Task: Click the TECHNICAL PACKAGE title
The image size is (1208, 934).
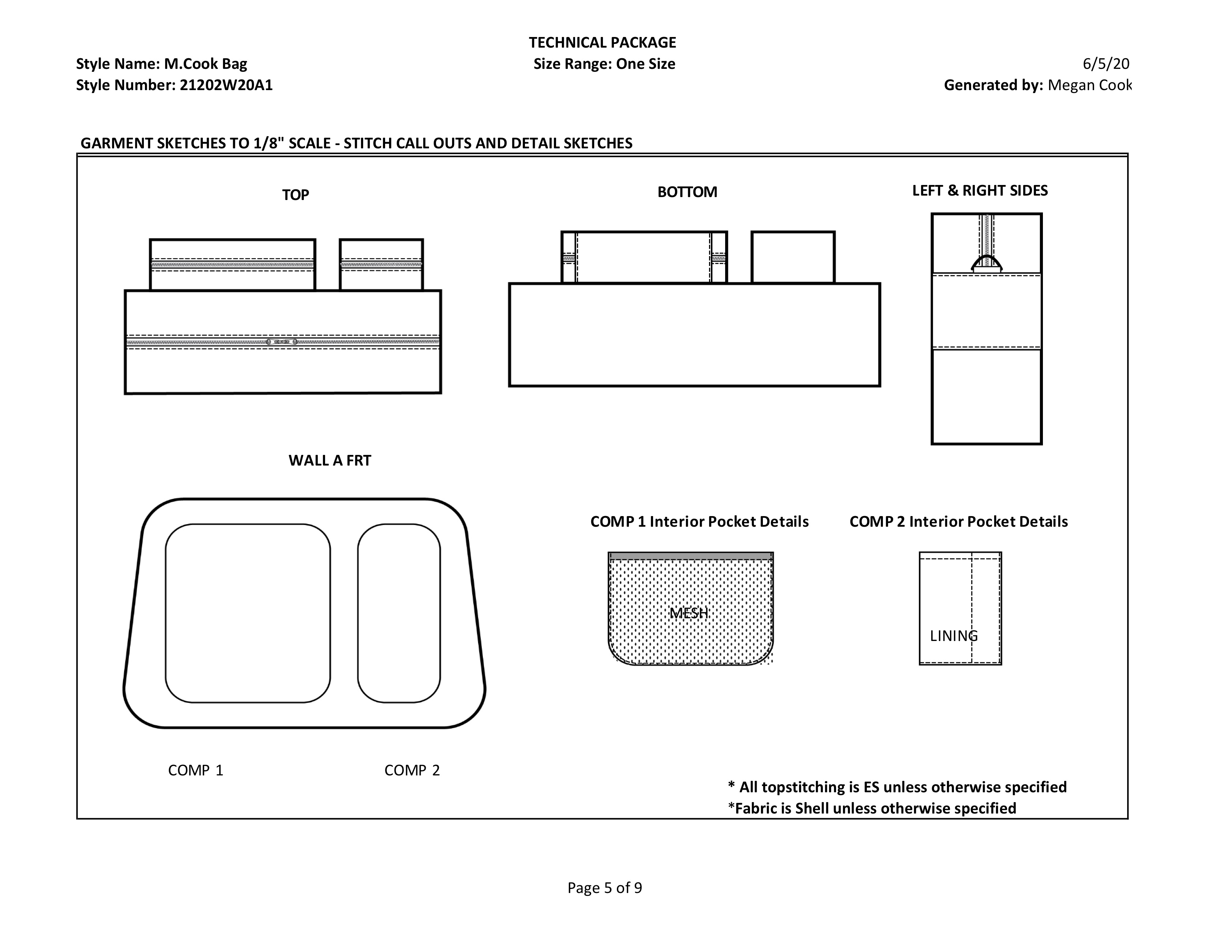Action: coord(602,42)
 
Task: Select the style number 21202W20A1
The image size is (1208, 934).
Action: coord(225,85)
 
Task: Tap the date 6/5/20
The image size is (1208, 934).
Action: coord(1106,64)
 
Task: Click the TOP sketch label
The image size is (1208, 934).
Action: coord(295,195)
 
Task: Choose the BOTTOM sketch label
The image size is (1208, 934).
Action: coord(687,192)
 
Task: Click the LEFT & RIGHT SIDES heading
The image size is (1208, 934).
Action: coord(980,190)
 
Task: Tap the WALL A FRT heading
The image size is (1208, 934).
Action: coord(330,460)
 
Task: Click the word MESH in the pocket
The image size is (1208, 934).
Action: coord(689,612)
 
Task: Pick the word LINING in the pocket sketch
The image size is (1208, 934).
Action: coord(954,636)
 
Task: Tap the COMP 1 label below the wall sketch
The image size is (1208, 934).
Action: coord(196,770)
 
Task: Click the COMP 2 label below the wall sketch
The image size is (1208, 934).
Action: coord(412,770)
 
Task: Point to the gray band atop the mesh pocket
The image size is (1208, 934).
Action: coord(691,556)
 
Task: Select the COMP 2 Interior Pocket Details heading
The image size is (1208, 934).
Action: coord(959,522)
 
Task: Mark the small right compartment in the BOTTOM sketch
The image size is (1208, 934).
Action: coord(793,257)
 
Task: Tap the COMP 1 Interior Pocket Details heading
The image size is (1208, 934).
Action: coord(699,522)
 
